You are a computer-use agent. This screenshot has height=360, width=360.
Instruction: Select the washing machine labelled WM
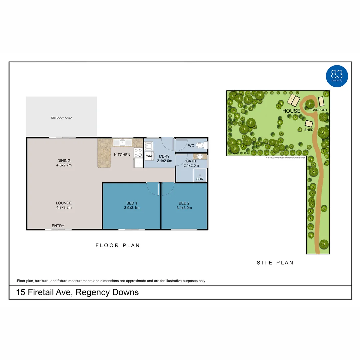tap(149, 156)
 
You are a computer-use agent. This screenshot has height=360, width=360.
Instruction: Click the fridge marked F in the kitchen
tap(138, 163)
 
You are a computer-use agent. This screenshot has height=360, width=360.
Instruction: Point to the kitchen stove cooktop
tap(138, 153)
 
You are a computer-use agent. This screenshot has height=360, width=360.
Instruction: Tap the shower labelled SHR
tap(200, 175)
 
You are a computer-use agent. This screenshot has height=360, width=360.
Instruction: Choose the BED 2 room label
tap(184, 203)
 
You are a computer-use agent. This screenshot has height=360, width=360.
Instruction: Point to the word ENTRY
tap(58, 226)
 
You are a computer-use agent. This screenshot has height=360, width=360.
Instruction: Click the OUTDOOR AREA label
tap(61, 118)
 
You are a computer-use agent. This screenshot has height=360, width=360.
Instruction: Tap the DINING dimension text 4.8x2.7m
tap(64, 165)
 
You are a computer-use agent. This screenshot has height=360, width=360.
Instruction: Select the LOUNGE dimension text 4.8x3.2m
tap(64, 207)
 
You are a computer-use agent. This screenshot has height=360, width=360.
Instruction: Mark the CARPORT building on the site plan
tap(321, 101)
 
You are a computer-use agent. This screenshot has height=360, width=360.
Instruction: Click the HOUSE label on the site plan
tap(291, 111)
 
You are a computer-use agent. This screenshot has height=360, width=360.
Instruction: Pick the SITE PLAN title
tap(275, 263)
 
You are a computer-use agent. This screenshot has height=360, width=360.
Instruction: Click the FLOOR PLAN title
tap(118, 245)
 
